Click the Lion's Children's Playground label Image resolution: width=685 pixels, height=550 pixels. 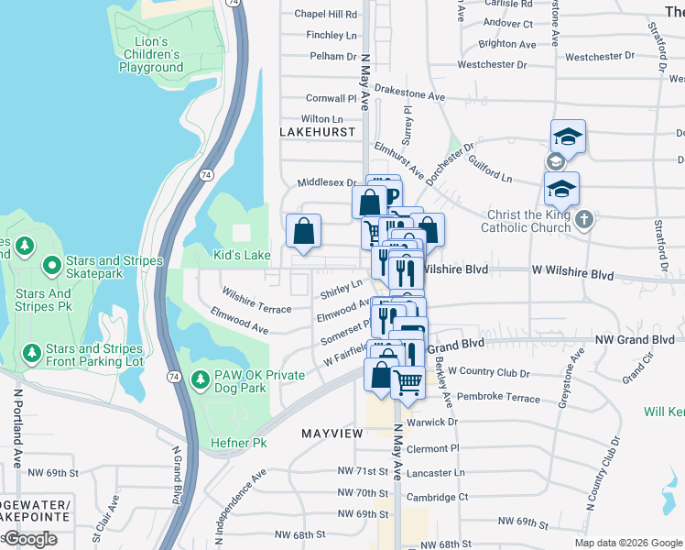151,55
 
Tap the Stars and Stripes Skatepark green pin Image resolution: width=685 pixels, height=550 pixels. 52,267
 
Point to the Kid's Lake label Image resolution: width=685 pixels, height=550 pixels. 242,254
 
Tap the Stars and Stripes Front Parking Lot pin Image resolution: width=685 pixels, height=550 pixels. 32,353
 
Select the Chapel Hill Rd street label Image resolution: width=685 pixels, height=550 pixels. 325,15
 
